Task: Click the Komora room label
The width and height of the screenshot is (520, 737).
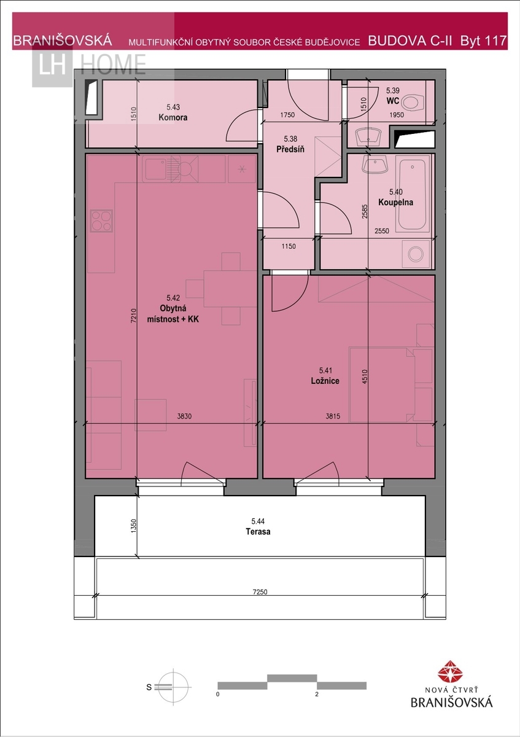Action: click(x=173, y=117)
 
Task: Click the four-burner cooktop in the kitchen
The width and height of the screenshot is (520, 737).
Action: click(x=101, y=220)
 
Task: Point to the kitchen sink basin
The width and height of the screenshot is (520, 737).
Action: click(x=155, y=169)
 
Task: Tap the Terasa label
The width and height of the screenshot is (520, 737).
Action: click(x=258, y=532)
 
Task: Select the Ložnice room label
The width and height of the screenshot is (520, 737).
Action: click(x=325, y=381)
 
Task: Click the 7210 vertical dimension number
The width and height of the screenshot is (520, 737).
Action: click(x=133, y=316)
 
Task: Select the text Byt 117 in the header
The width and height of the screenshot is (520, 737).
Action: click(x=483, y=41)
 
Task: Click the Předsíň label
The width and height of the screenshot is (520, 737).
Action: click(x=290, y=149)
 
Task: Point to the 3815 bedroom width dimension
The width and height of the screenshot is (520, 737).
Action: click(x=333, y=416)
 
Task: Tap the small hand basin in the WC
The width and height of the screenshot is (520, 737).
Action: click(x=368, y=136)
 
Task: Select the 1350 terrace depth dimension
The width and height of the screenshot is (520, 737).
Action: click(x=133, y=526)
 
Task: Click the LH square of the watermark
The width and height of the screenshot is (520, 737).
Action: click(x=52, y=66)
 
